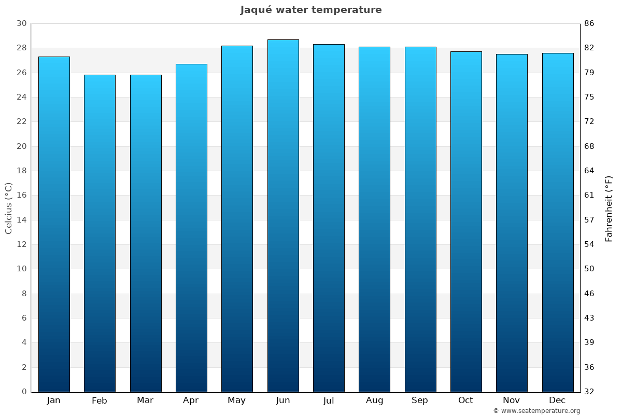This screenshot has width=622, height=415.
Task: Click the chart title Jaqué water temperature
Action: coord(311,10)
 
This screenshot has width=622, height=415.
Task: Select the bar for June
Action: coord(283,215)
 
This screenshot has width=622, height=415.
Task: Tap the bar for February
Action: coord(100,233)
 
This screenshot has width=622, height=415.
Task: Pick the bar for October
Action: coord(466,222)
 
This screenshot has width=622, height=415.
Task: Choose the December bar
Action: coord(558,222)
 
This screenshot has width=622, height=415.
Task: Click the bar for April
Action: coord(191,228)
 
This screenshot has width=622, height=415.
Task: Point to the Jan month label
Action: coord(54,400)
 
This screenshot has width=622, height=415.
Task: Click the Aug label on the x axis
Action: coord(374,400)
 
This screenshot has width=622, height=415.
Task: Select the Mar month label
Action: coord(145,400)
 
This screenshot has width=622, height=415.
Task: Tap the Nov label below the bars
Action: coord(512,400)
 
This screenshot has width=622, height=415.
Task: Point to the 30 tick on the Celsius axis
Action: coord(21,24)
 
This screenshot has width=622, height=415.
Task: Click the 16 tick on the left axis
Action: coord(21,196)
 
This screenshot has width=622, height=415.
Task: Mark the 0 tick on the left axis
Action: coord(24,392)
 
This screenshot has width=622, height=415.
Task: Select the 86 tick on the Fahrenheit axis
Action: coord(589,24)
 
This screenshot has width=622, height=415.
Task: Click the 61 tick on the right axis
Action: coord(589,196)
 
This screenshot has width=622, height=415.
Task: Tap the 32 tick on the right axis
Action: coord(589,392)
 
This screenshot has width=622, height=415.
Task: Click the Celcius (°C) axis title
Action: coord(8,208)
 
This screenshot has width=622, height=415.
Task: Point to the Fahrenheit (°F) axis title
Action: coord(609,208)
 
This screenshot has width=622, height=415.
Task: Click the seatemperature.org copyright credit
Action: coord(536,411)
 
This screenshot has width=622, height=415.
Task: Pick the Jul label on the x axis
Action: coord(329,400)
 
